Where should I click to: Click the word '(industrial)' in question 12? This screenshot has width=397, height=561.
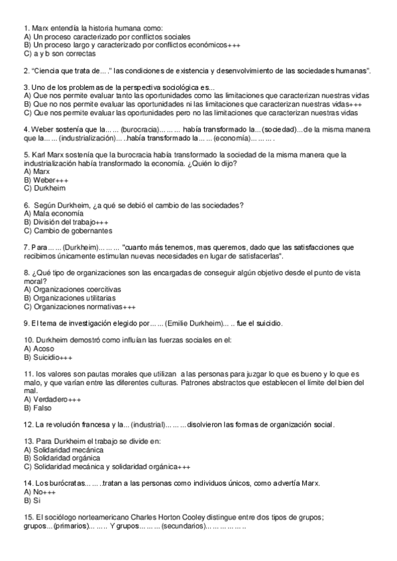(x=146, y=425)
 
